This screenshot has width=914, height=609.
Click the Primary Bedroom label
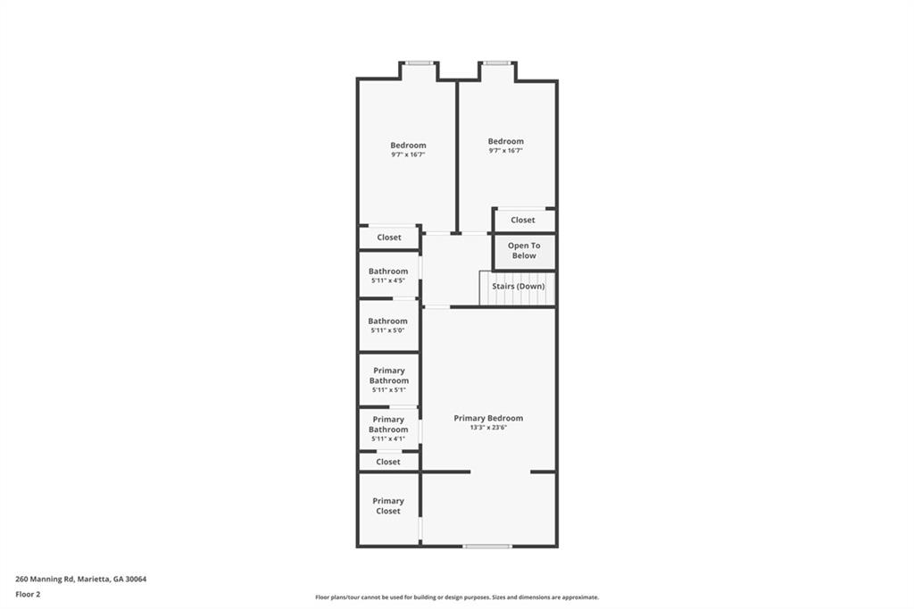coord(488,418)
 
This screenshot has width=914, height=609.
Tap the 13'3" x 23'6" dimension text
coord(488,427)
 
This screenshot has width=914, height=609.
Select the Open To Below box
coord(524,252)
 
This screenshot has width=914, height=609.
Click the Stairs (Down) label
coord(519,287)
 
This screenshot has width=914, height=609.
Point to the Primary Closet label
coord(388,505)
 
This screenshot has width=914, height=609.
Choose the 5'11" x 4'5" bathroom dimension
coord(388,280)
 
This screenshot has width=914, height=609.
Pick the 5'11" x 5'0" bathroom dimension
coord(387,330)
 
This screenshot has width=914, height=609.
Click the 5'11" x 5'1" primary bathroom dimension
coord(389,389)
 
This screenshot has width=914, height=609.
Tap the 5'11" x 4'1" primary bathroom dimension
coord(388,438)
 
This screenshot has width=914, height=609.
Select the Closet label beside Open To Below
coord(523,220)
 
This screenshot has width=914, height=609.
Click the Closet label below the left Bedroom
coord(389,238)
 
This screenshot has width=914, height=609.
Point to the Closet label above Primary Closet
coord(388,462)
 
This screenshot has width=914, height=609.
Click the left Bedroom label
coord(408,146)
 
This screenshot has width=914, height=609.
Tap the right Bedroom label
coord(506,141)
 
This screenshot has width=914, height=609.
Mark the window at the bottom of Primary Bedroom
coord(487,546)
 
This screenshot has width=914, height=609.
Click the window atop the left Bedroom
coord(420,63)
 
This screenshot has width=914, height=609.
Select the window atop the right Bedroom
coord(497,63)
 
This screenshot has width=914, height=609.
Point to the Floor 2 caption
coord(28,595)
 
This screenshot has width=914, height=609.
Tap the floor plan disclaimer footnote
coord(457,597)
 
